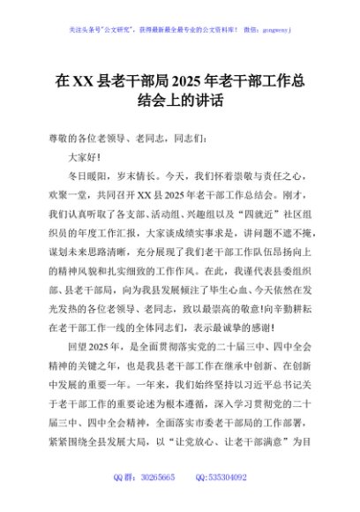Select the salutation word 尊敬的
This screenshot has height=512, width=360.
point(64,138)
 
